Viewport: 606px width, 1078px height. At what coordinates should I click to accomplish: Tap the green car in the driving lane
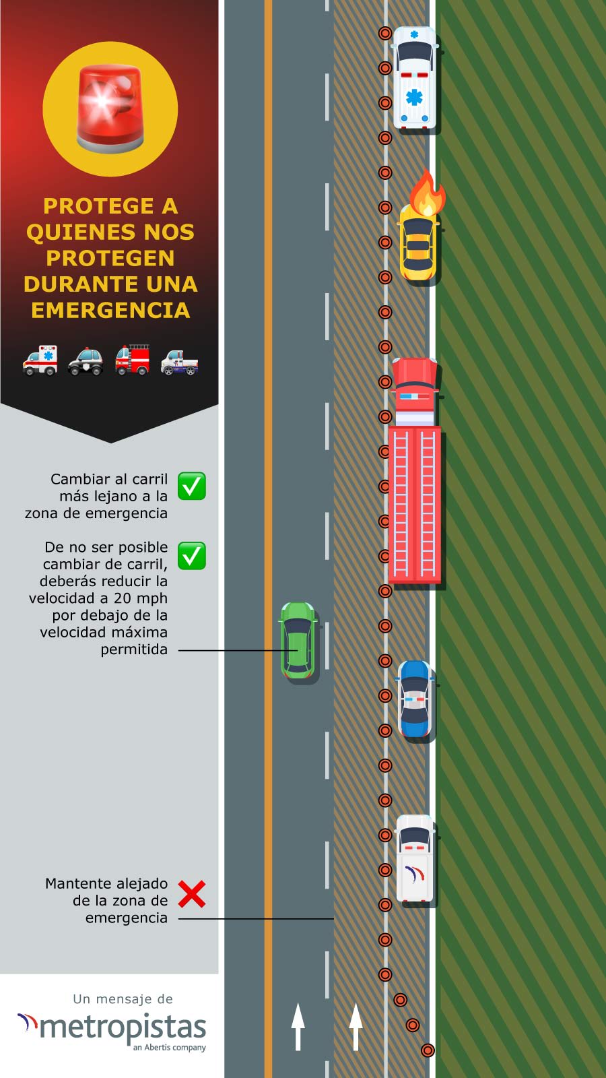(298, 640)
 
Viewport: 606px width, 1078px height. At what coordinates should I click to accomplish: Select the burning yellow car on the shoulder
(418, 243)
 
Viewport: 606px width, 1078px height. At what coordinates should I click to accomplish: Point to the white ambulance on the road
(415, 77)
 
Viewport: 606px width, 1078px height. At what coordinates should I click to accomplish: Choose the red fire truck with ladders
(415, 471)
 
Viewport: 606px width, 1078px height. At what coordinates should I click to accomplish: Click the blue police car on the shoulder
(415, 699)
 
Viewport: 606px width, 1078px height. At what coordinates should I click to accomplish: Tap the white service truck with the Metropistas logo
(415, 858)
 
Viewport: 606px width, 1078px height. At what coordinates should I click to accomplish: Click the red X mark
(192, 894)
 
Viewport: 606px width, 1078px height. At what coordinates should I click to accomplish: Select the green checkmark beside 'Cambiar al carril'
(192, 486)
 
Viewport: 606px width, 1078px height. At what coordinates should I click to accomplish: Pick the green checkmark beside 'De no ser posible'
(192, 556)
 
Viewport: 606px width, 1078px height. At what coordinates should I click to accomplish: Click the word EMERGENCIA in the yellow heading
(110, 311)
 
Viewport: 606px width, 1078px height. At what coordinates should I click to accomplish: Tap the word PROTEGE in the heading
(98, 206)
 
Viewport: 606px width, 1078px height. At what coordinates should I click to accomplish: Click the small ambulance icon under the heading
(40, 360)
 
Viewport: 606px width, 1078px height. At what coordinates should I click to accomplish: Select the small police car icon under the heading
(86, 361)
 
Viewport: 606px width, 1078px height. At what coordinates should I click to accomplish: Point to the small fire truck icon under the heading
(133, 360)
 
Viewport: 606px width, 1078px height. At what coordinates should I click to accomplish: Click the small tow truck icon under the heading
(179, 363)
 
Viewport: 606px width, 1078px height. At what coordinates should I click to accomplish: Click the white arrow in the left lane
(298, 1027)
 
